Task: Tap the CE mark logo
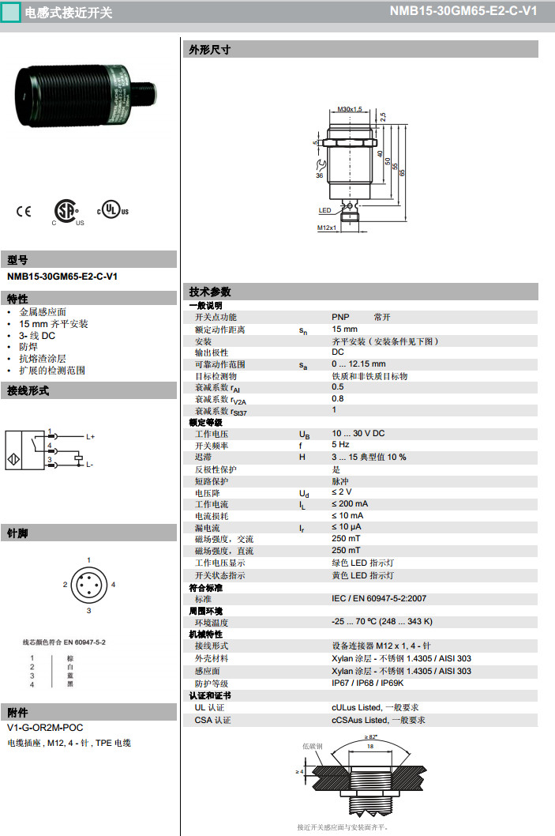[23, 211]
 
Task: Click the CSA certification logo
[66, 211]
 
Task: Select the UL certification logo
[112, 211]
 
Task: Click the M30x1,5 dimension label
[349, 109]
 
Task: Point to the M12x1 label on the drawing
[327, 228]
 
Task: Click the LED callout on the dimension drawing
[324, 211]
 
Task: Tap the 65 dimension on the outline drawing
[402, 172]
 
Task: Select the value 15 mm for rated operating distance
[344, 329]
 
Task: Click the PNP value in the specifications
[340, 317]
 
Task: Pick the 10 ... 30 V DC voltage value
[358, 433]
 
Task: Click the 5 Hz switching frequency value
[340, 445]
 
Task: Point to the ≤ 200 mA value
[350, 503]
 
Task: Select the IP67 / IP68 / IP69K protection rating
[367, 683]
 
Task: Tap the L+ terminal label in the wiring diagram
[90, 436]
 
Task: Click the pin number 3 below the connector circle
[88, 611]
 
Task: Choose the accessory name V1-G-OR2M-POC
[45, 727]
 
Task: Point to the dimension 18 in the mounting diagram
[369, 745]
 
